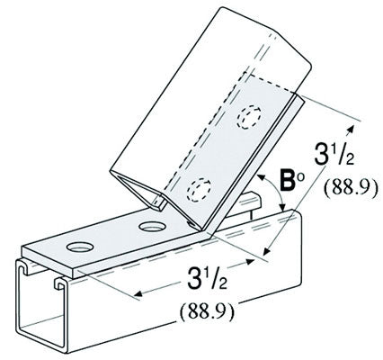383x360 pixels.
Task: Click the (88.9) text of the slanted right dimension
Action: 343,193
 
